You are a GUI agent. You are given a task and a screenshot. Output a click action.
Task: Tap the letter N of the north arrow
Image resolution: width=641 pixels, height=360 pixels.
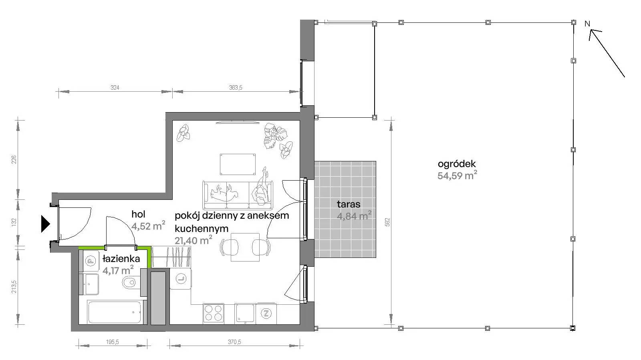coord(587,24)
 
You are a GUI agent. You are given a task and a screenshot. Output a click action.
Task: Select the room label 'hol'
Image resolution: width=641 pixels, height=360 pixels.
coord(138,214)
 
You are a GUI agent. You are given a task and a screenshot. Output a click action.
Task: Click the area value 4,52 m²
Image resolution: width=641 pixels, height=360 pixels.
coord(148,225)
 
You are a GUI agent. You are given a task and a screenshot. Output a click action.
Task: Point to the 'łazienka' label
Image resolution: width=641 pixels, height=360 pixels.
coord(121,259)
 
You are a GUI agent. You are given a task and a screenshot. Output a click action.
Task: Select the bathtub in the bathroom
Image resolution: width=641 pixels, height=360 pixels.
coord(115,312)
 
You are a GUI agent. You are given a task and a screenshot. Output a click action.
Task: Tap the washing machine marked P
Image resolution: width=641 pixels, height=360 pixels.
coord(91,261)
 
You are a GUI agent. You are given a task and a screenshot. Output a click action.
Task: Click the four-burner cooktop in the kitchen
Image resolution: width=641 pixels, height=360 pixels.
coord(214,313)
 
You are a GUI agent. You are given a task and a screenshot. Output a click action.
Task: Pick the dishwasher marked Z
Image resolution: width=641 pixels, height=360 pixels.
coord(266,314)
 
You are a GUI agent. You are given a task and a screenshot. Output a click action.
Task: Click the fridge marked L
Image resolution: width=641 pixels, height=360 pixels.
coord(181,278)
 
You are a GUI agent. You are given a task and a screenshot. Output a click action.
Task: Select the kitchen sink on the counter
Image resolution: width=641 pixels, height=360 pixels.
coord(245,313)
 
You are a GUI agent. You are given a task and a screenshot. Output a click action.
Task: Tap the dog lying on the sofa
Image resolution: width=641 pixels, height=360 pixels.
coord(224,193)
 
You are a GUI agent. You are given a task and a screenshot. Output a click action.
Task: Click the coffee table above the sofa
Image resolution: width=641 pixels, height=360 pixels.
coord(238,164)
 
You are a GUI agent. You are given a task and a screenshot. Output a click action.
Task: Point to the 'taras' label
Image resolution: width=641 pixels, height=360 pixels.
coord(349,204)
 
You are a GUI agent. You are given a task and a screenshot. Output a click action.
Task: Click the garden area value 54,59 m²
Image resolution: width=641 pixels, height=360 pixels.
coord(457,175)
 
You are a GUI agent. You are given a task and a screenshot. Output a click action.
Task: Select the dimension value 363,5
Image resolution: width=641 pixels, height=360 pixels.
coord(236,88)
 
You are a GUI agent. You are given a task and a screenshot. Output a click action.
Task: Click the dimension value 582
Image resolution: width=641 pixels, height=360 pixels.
coord(387,222)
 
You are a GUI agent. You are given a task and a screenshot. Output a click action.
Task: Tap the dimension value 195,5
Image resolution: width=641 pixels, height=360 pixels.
coord(113,342)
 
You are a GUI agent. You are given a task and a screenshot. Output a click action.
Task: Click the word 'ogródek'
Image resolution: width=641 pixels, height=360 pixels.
coord(457,164)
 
